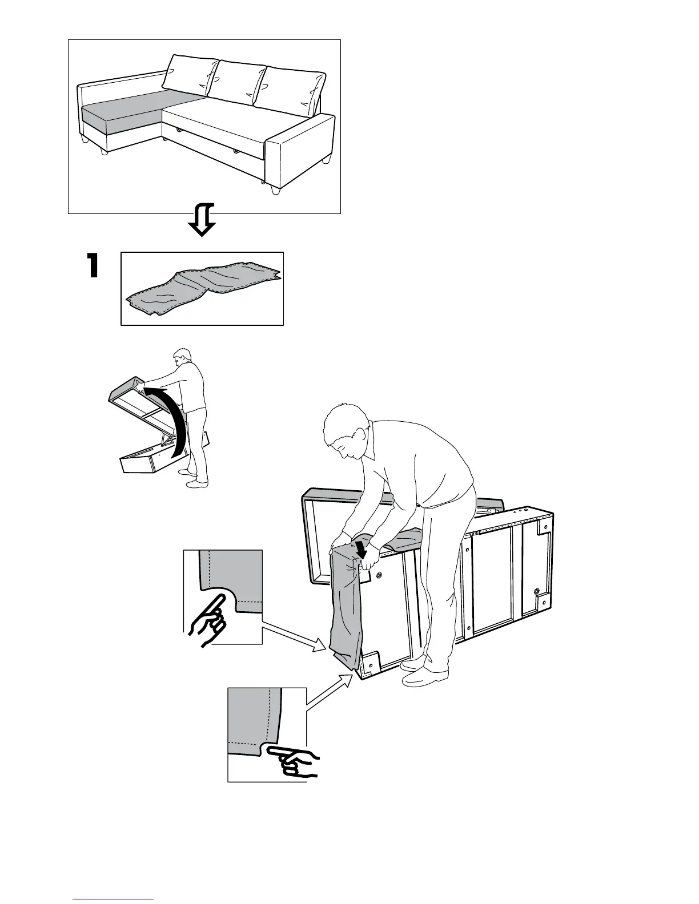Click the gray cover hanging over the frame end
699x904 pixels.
pyautogui.click(x=347, y=605)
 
